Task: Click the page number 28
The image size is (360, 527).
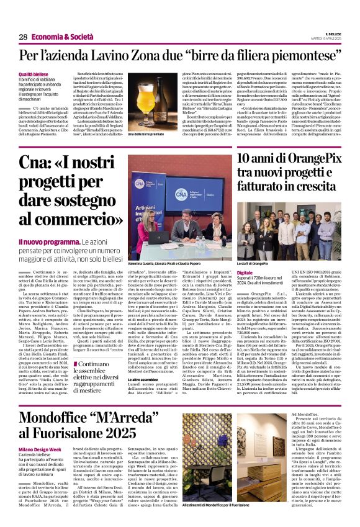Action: tap(23, 37)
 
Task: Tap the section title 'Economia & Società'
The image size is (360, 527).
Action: tap(60, 37)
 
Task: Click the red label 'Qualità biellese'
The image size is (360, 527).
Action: tap(34, 74)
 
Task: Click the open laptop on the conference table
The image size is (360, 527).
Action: tap(153, 236)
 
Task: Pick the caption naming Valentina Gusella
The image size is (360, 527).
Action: tap(168, 263)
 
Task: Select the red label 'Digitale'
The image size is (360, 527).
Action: tap(245, 273)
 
